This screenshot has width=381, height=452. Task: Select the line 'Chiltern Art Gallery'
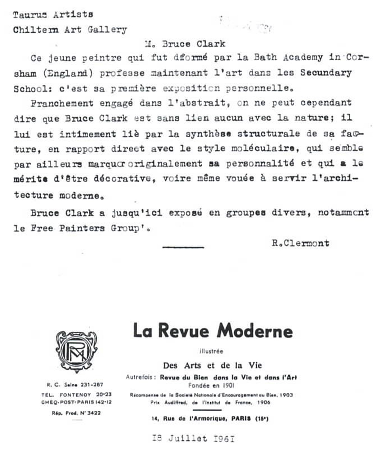pyautogui.click(x=70, y=30)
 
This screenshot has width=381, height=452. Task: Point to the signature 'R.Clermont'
pyautogui.click(x=300, y=243)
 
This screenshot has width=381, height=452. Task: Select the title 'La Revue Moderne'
pyautogui.click(x=212, y=331)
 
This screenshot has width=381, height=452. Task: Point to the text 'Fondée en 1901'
pyautogui.click(x=212, y=384)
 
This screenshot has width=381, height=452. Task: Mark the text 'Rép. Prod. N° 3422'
pyautogui.click(x=74, y=413)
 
